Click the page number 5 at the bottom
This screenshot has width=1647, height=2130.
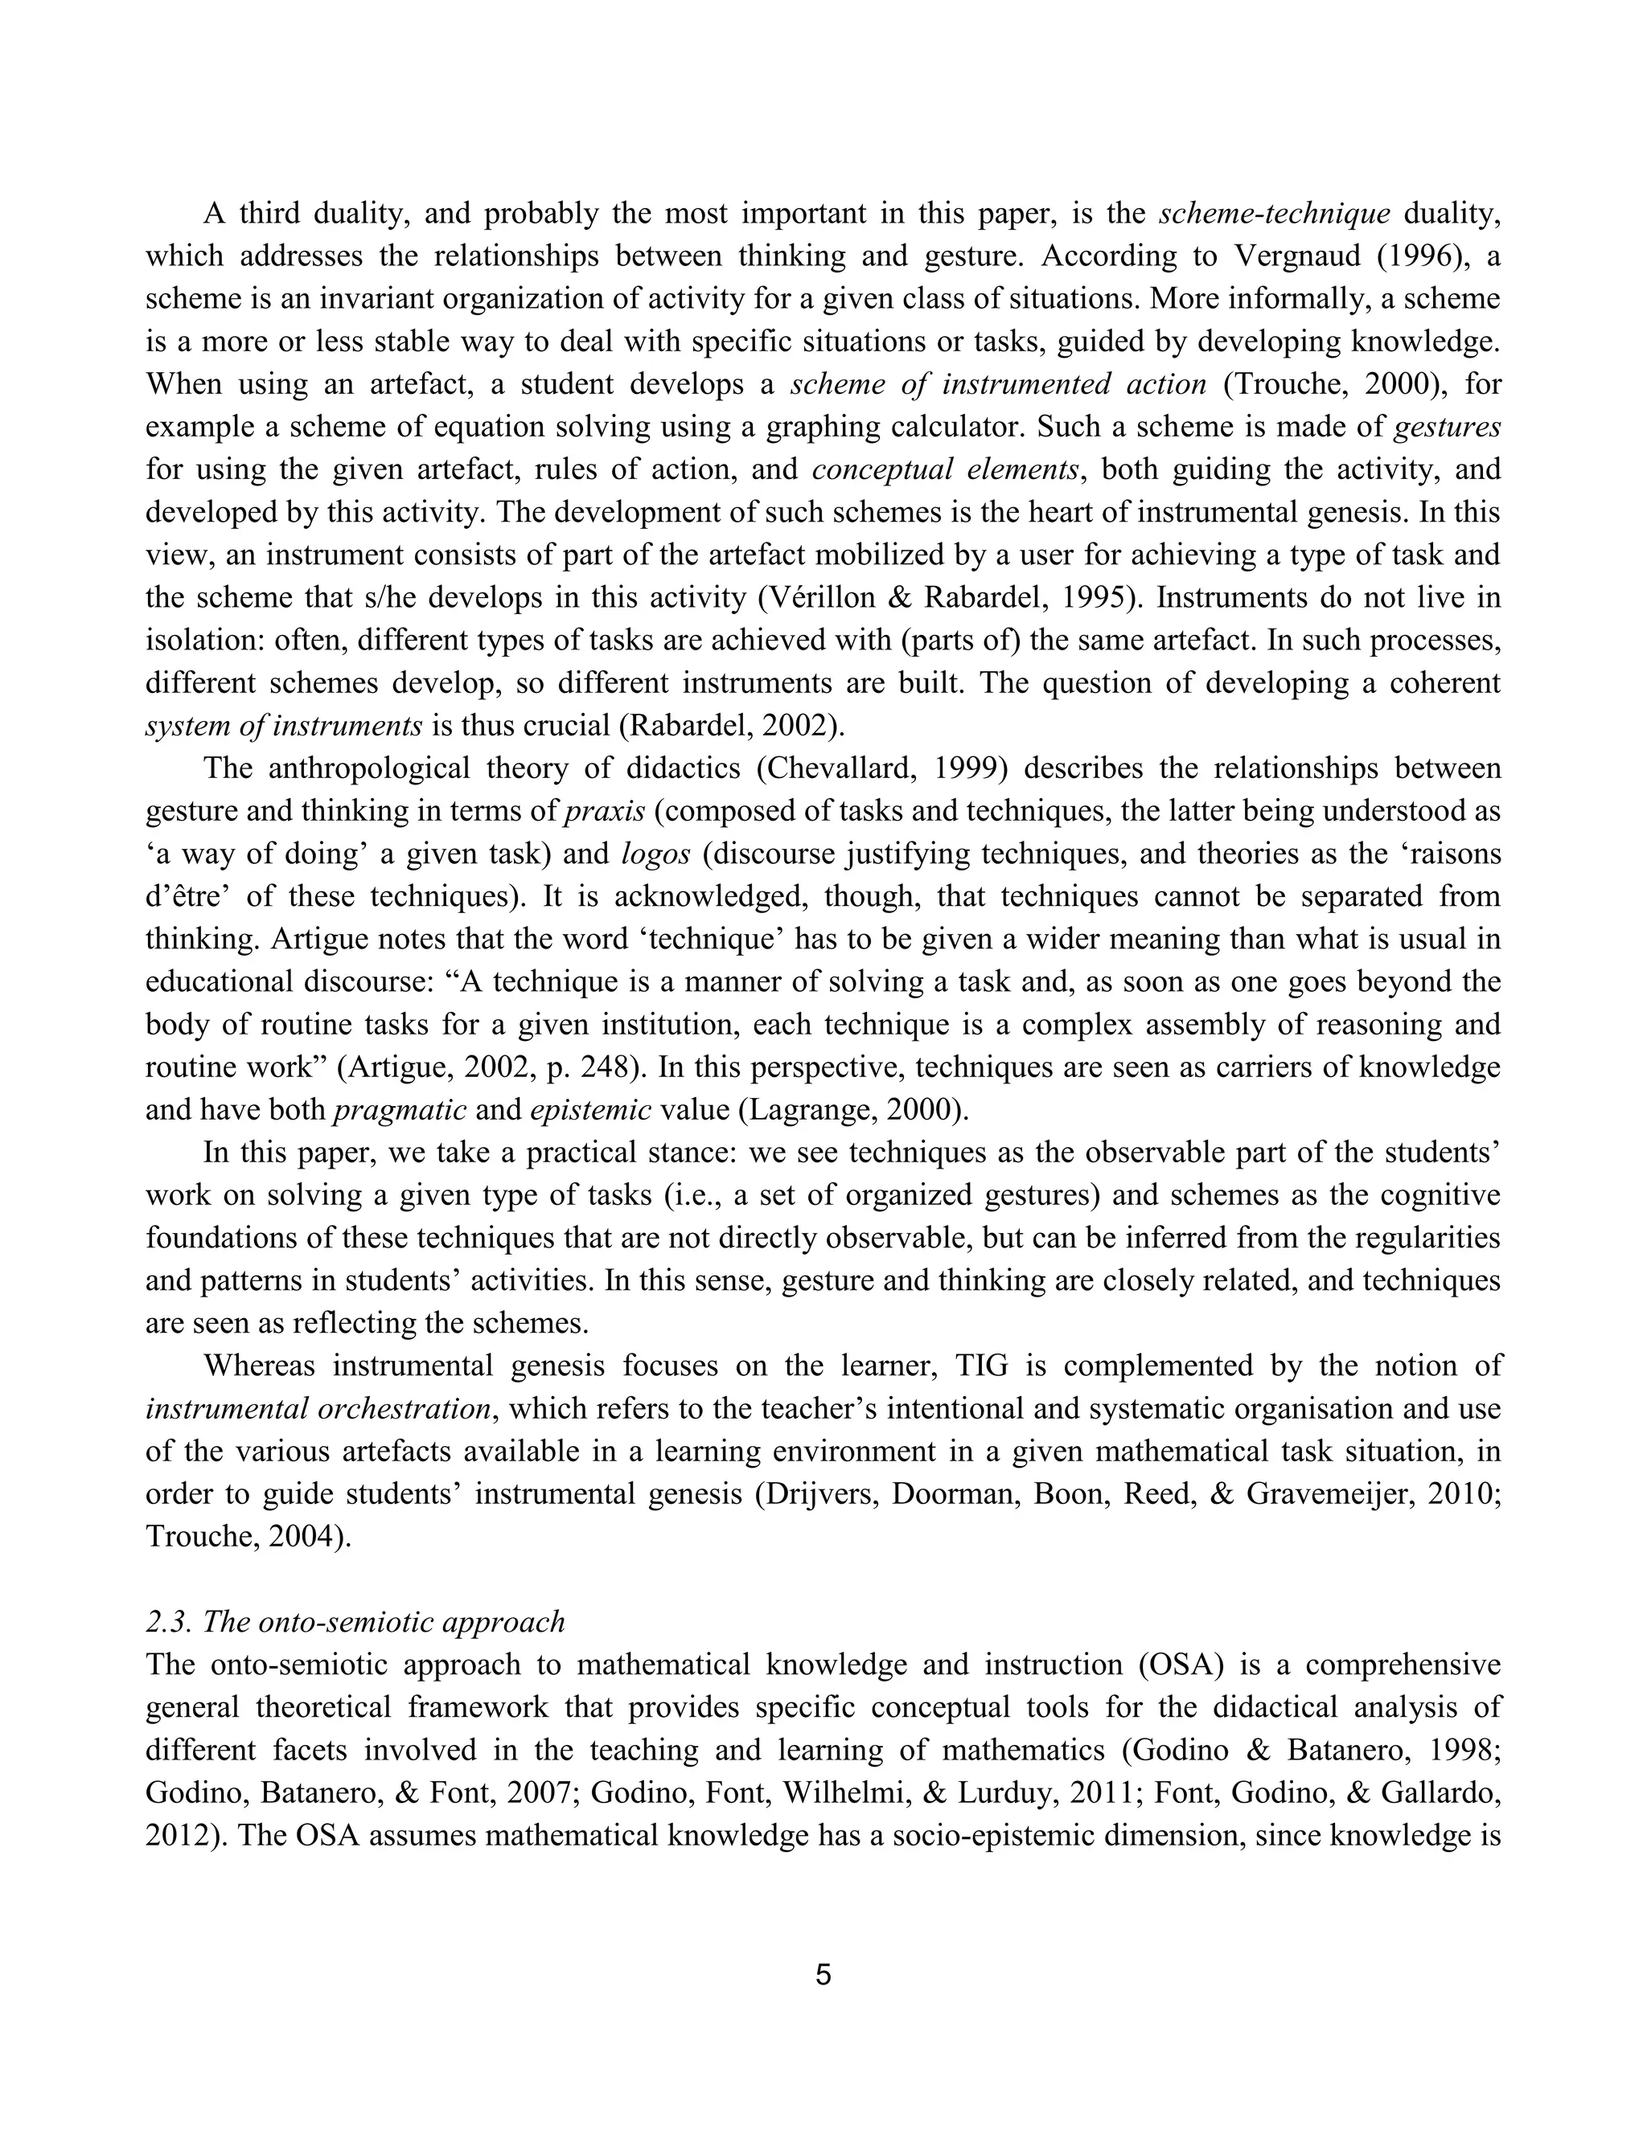click(x=823, y=1975)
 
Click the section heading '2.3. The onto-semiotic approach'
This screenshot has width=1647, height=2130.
click(x=355, y=1621)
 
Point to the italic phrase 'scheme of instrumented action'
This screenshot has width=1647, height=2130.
click(x=998, y=384)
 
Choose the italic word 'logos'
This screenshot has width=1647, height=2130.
click(x=655, y=854)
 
